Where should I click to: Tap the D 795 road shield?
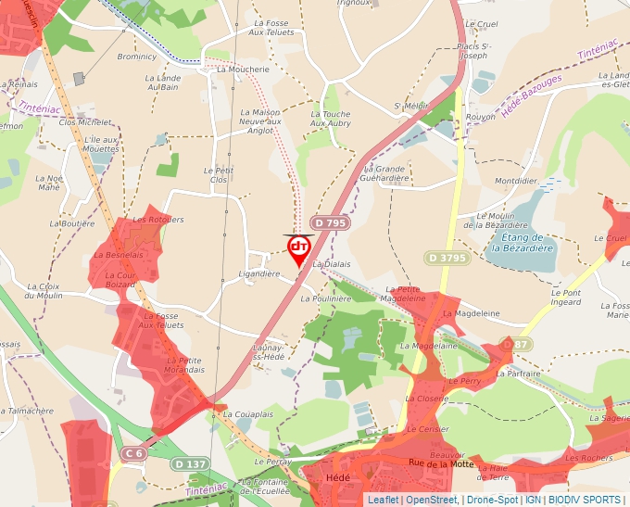(x=330, y=223)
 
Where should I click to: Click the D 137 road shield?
(x=190, y=463)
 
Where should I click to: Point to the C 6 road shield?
(x=133, y=453)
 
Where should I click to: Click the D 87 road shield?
(x=506, y=345)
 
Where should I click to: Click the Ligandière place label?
(x=259, y=274)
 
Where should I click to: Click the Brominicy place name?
(x=137, y=57)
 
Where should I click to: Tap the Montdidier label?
(x=517, y=181)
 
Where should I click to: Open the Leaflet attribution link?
(x=383, y=501)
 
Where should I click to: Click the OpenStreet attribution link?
(x=432, y=501)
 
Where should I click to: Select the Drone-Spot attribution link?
(x=492, y=501)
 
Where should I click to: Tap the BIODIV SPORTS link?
(x=584, y=501)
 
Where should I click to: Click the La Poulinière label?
(x=326, y=299)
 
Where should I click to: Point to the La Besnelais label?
(x=119, y=255)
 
